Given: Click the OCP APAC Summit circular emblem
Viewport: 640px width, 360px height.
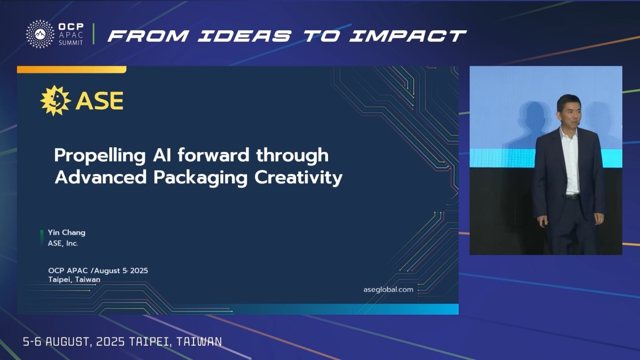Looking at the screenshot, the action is pyautogui.click(x=40, y=34).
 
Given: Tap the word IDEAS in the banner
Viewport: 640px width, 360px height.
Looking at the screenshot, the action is pyautogui.click(x=245, y=36).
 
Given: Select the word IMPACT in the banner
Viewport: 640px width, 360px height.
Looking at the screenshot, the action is pyautogui.click(x=408, y=36).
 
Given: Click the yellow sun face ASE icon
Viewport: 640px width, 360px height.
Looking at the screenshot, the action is pyautogui.click(x=55, y=101).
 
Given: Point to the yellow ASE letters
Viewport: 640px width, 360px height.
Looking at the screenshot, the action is pyautogui.click(x=99, y=101).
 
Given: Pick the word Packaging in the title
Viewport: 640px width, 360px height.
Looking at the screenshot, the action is pyautogui.click(x=201, y=178).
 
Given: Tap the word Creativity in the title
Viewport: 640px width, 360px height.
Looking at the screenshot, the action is pyautogui.click(x=298, y=178).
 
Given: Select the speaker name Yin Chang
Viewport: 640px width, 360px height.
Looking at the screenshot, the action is pyautogui.click(x=67, y=233).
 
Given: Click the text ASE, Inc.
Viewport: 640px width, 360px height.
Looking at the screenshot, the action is pyautogui.click(x=63, y=243).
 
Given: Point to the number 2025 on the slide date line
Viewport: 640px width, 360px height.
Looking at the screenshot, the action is pyautogui.click(x=139, y=270).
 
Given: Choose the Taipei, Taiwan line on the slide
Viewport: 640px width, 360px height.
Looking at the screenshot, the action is pyautogui.click(x=74, y=279).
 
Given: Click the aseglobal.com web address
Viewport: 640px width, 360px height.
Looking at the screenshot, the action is pyautogui.click(x=388, y=290).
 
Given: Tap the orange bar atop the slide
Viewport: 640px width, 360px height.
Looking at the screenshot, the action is pyautogui.click(x=71, y=70).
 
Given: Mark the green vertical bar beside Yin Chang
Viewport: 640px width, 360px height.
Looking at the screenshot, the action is pyautogui.click(x=42, y=238).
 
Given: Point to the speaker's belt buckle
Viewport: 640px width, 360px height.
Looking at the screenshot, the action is pyautogui.click(x=572, y=197).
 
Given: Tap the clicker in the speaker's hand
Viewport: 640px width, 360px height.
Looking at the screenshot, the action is pyautogui.click(x=546, y=225).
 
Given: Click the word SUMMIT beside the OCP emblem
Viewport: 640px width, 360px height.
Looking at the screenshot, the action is pyautogui.click(x=70, y=43).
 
